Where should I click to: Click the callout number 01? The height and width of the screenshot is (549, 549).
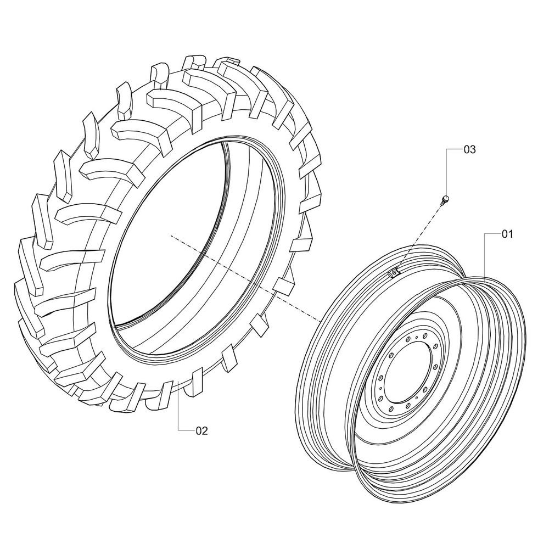(x=507, y=234)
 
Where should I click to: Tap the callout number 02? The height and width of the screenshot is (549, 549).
(x=202, y=430)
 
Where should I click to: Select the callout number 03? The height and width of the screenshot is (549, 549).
(x=470, y=149)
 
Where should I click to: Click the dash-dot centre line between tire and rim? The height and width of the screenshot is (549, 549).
(x=245, y=278)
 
